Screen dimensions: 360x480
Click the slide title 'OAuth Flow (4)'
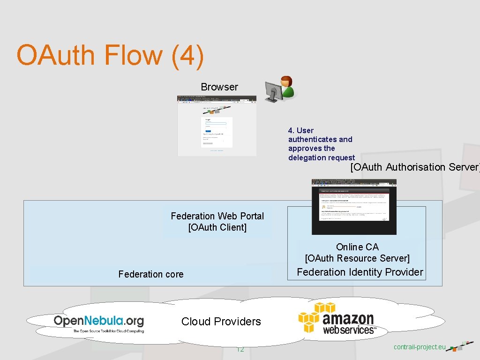(110, 55)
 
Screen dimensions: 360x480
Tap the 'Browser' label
(219, 87)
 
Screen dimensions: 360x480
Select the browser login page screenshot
(217, 126)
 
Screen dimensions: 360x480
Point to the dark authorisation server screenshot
(354, 206)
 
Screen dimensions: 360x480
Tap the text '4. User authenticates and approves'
(320, 139)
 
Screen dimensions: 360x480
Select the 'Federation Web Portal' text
(217, 216)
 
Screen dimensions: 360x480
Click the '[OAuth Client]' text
(217, 228)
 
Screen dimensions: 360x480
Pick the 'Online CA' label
(357, 247)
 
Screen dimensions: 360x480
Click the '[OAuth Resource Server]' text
(357, 258)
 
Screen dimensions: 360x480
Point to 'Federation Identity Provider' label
(360, 272)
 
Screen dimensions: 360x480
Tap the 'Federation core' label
(151, 274)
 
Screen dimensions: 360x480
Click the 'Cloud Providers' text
(221, 322)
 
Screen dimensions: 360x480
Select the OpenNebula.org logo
(98, 323)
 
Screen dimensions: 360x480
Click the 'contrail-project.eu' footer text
(420, 347)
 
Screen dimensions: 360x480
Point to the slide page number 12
(240, 349)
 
